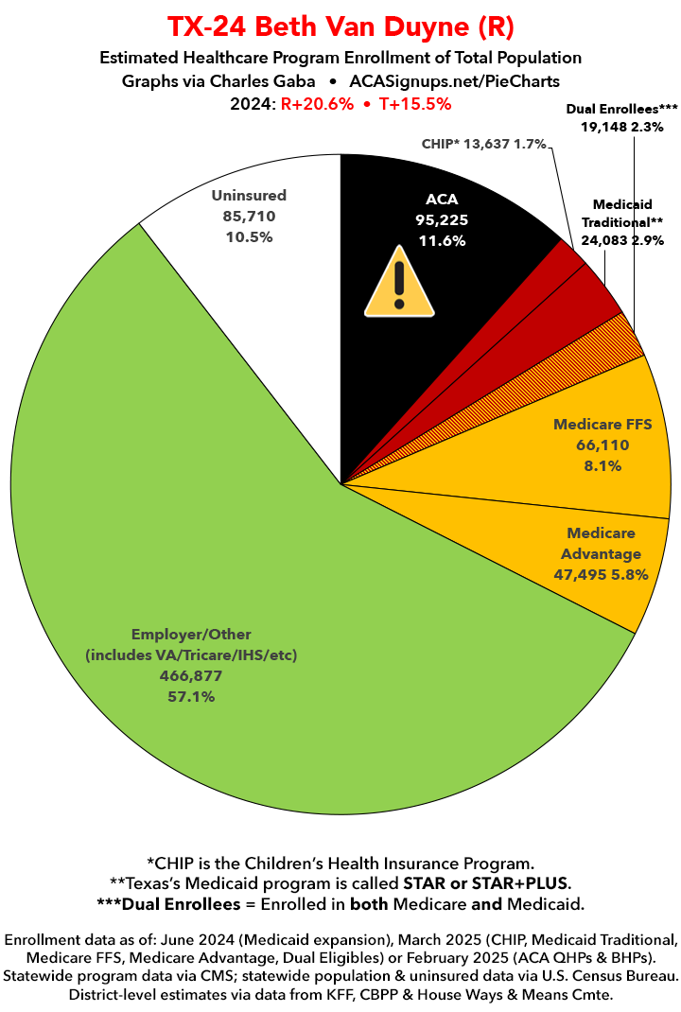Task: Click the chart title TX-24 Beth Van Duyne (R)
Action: pyautogui.click(x=340, y=26)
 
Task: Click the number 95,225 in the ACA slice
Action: pyautogui.click(x=442, y=219)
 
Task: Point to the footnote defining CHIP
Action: pyautogui.click(x=340, y=863)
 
